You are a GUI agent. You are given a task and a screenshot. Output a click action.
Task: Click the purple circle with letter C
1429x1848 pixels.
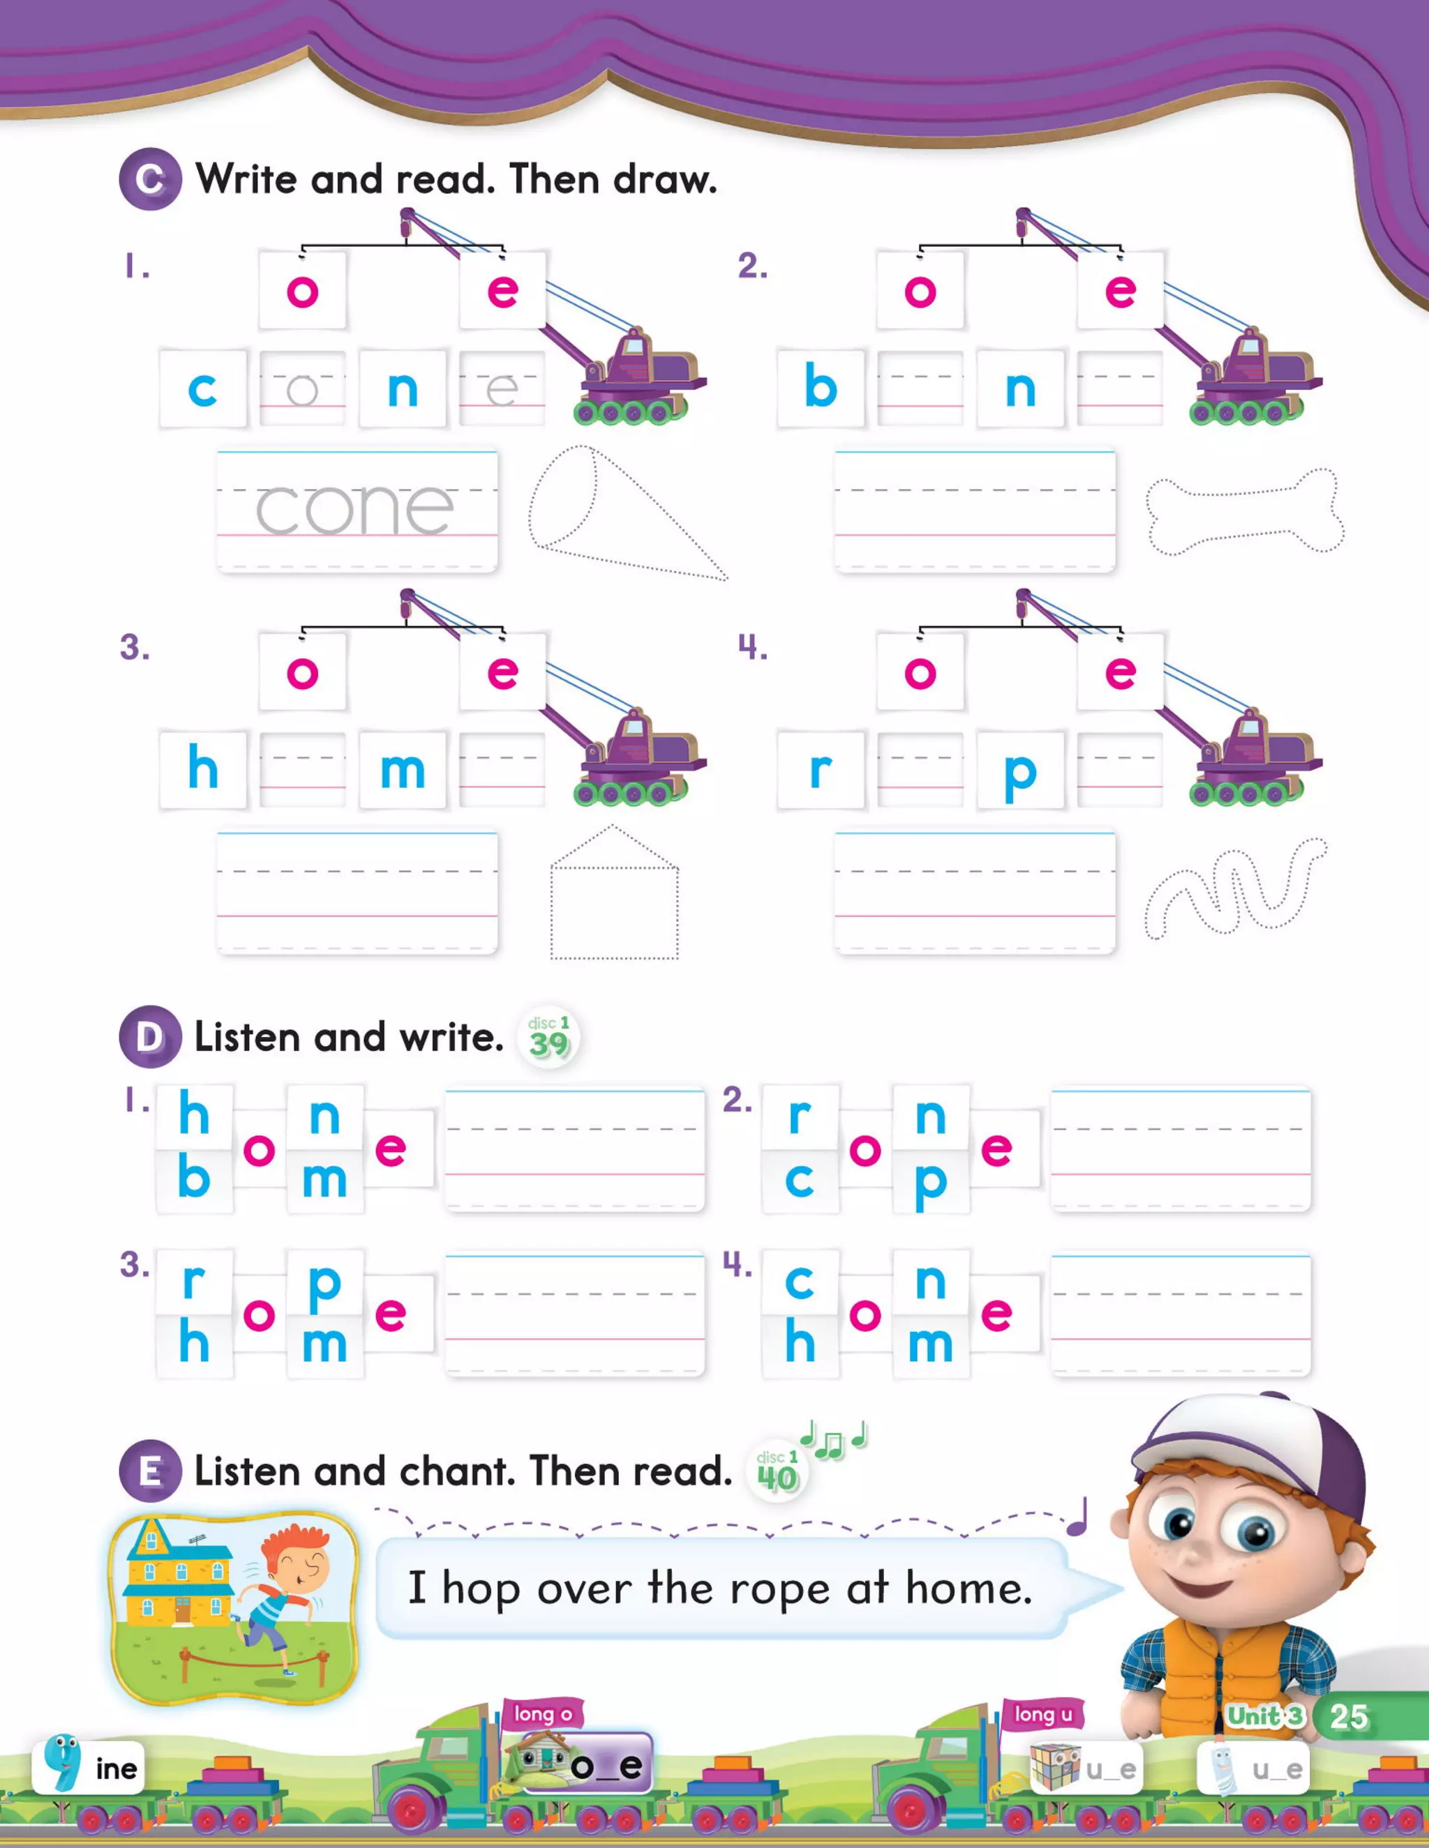[150, 179]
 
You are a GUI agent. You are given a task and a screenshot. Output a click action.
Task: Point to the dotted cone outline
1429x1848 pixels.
[610, 512]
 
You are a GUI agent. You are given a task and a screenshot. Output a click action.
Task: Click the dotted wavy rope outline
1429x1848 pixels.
[1234, 888]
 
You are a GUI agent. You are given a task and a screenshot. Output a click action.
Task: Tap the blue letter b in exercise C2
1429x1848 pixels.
[821, 388]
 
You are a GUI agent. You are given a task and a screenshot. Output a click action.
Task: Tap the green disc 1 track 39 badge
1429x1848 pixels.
[548, 1038]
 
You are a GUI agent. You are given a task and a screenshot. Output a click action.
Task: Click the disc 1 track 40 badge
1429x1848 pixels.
[777, 1472]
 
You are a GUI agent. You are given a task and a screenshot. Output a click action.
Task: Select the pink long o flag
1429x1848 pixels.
[543, 1714]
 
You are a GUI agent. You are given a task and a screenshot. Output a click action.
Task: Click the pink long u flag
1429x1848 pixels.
[1042, 1714]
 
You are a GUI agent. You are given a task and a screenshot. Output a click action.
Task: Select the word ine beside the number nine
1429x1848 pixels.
[116, 1769]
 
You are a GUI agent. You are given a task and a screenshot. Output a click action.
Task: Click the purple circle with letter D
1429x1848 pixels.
[150, 1036]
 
